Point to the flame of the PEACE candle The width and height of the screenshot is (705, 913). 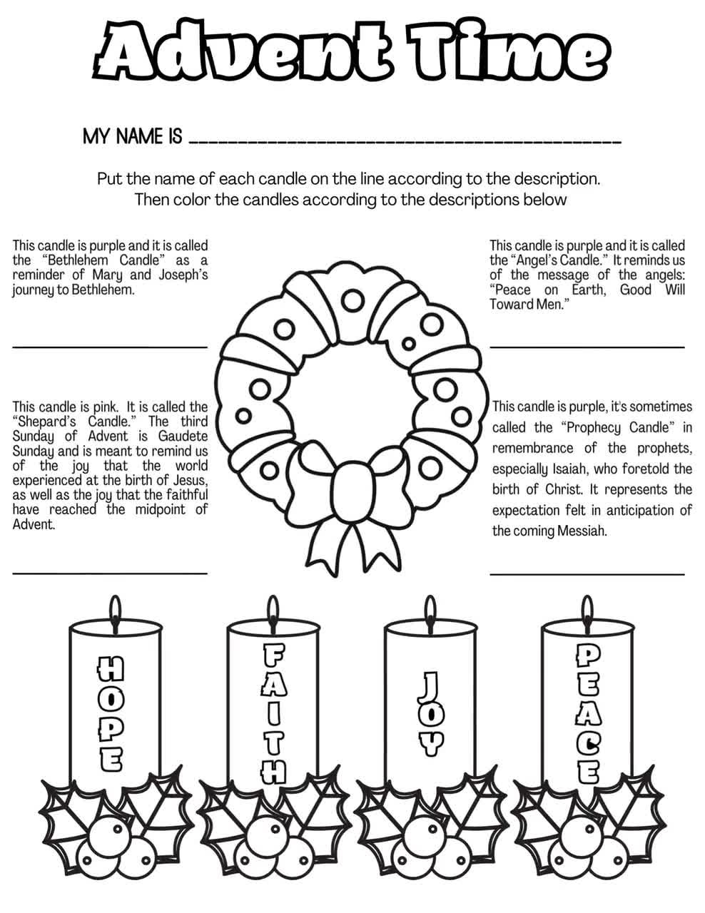point(587,608)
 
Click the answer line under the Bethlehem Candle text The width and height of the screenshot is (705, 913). point(110,346)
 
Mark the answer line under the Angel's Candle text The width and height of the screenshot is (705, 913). point(587,347)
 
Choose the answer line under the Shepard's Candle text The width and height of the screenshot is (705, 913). point(110,572)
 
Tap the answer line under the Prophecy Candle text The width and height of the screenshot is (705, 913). point(587,573)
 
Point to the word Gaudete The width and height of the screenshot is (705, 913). point(183,436)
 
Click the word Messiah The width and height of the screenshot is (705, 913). point(583,531)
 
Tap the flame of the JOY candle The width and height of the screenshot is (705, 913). point(430,608)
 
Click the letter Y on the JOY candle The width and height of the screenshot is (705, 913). point(430,745)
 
